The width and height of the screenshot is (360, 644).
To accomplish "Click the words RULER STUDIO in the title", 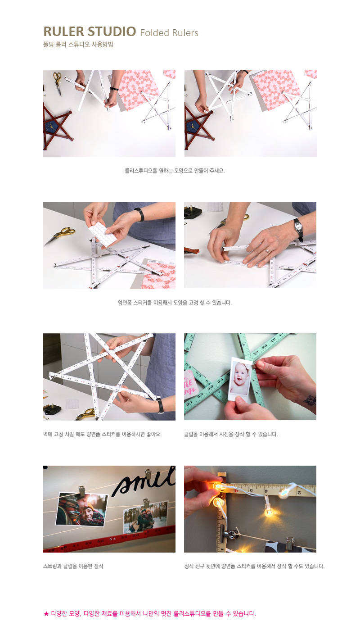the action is pos(90,32).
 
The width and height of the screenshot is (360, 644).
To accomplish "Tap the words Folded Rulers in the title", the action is pos(169,33).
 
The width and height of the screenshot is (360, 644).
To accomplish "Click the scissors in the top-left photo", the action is pos(58,83).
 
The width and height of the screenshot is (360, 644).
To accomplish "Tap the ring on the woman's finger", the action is pos(267,251).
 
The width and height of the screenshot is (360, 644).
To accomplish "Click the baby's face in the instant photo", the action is pos(240,373).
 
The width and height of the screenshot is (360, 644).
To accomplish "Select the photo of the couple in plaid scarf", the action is pos(81,509).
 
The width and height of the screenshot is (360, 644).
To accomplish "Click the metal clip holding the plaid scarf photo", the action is pos(81,491).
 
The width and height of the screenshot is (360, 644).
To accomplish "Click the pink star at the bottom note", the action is pos(46,614).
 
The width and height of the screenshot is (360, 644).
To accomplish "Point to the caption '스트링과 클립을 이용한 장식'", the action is pos(73,566).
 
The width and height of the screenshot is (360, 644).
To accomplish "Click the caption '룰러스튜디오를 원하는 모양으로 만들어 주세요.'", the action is pos(175,171).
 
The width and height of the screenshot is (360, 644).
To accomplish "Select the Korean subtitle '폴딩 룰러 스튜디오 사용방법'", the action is pos(78,45).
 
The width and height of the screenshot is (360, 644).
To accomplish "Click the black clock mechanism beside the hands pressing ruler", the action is pos(193,212).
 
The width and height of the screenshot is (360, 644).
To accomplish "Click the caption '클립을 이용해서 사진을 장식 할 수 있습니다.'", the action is pos(231,434).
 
